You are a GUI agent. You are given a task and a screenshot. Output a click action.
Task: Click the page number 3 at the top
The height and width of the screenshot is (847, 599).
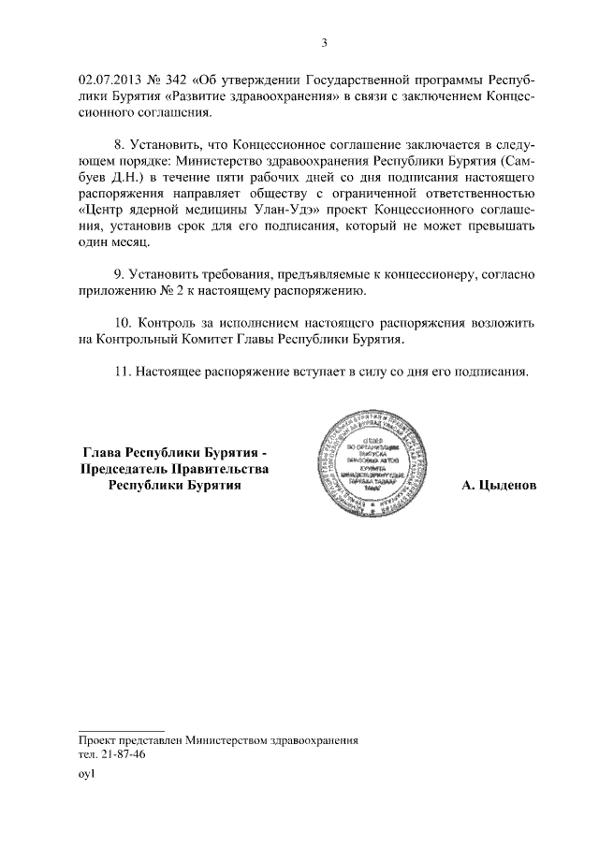click(x=324, y=42)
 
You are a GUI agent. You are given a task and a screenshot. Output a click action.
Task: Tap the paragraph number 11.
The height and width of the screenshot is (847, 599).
click(x=122, y=372)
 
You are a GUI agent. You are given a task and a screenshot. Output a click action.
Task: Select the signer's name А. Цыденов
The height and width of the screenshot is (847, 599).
click(x=500, y=487)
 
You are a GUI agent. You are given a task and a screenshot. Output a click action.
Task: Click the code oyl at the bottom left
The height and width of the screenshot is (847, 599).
click(x=87, y=776)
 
